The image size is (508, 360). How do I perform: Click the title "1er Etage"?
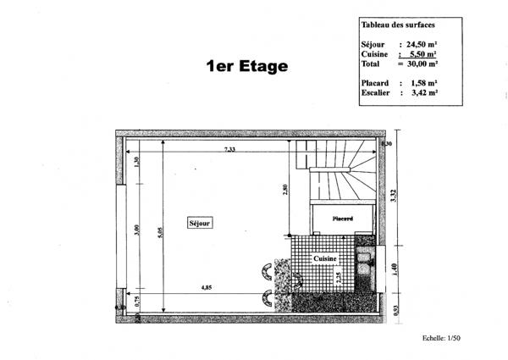[247, 66]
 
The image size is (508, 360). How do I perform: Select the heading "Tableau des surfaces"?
[392, 25]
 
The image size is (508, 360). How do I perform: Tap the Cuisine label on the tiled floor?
[326, 259]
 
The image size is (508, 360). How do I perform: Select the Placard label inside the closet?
[342, 218]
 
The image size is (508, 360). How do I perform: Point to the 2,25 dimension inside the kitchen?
[339, 275]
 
